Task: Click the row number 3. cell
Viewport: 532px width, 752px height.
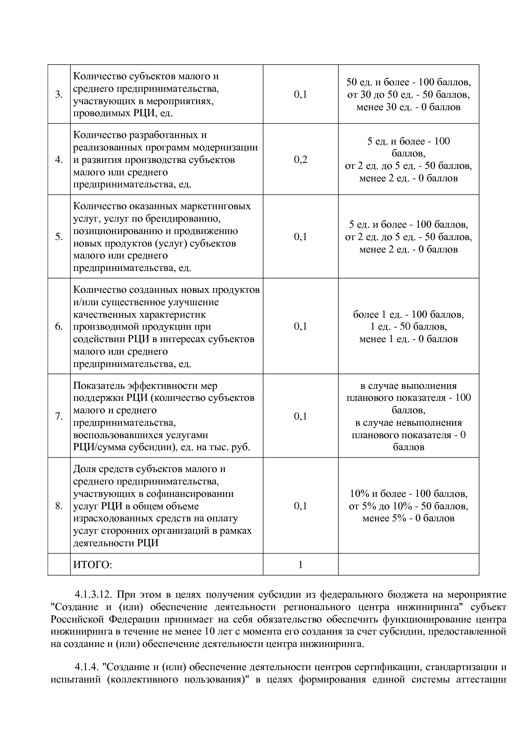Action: [59, 95]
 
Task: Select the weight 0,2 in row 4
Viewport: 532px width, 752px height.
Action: [300, 160]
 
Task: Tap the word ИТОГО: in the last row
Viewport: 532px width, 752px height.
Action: [92, 565]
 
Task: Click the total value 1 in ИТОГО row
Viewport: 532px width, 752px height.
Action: [300, 565]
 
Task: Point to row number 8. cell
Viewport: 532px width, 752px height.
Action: [59, 506]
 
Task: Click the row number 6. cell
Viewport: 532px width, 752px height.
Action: [59, 327]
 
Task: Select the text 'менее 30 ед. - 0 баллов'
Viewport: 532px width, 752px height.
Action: [408, 107]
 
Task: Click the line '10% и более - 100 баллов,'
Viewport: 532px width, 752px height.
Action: [408, 494]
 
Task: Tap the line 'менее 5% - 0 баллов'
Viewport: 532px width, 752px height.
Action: [408, 518]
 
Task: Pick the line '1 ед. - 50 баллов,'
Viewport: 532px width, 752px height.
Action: [408, 327]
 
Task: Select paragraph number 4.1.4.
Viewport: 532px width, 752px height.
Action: [88, 668]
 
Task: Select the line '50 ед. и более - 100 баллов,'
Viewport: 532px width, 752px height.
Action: [408, 82]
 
